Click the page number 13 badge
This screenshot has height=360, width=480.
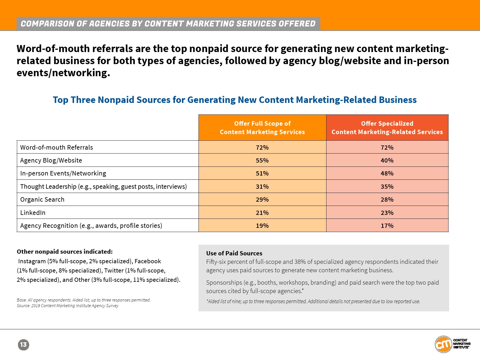tap(23, 345)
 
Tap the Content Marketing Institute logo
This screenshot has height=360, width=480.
tap(452, 344)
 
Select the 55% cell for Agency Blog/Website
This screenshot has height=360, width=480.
tap(262, 160)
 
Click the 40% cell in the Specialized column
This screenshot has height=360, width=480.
tap(387, 160)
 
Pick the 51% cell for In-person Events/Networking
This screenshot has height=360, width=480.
tap(262, 173)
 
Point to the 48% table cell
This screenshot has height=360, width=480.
tap(387, 173)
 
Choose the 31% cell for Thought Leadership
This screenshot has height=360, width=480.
tap(262, 186)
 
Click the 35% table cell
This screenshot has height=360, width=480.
tap(387, 186)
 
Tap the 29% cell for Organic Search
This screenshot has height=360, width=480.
tap(262, 199)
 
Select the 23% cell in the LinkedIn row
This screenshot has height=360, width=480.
tap(387, 213)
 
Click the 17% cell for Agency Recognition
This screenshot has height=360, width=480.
tap(387, 226)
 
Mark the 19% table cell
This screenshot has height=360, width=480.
tap(262, 226)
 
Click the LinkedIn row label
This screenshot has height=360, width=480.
tap(33, 213)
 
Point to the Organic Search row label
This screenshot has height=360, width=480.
tap(42, 199)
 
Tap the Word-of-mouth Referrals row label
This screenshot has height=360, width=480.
tap(57, 147)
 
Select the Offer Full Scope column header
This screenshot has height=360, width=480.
tap(262, 128)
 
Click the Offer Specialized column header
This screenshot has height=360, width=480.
tap(387, 128)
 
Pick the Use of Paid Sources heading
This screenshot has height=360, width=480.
tap(234, 253)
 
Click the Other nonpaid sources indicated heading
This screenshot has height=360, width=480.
tap(65, 251)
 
